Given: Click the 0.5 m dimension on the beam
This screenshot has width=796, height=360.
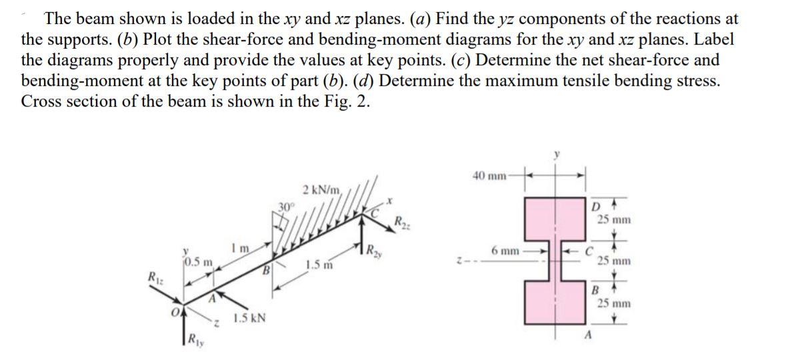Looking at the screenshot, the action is tap(199, 259).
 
